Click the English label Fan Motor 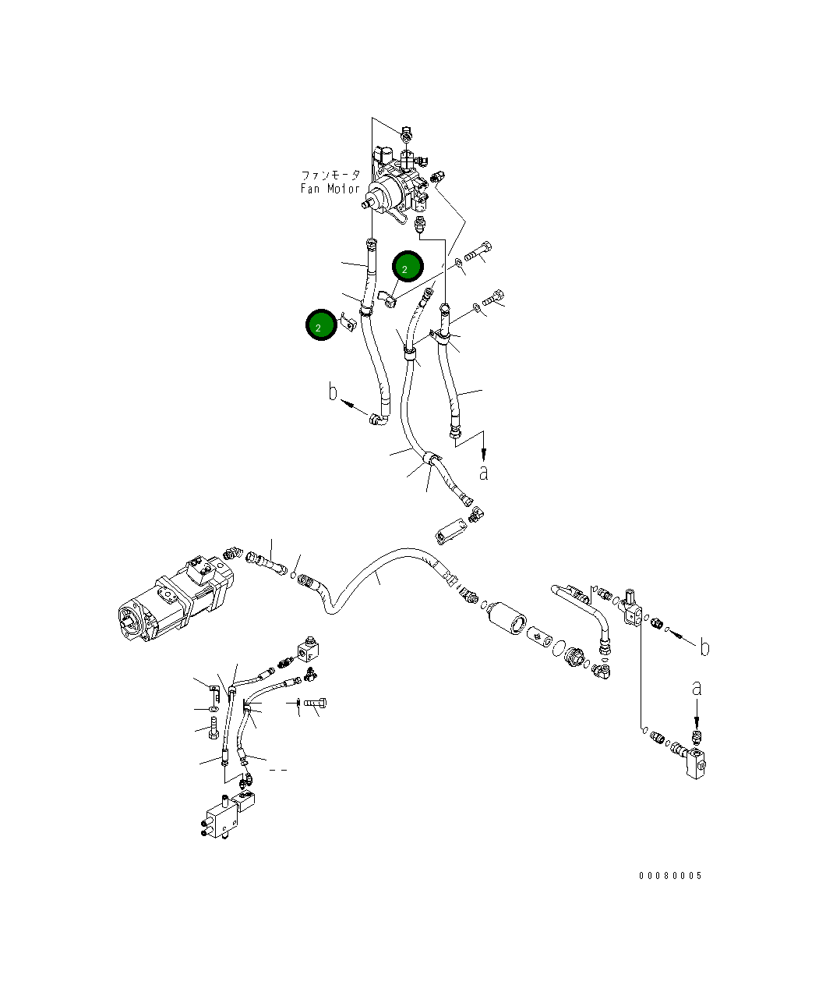330,189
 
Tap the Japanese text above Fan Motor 330,175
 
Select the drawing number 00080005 670,875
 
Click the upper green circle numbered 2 408,266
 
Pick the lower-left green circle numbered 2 321,324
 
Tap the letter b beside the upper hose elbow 333,392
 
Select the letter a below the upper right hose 484,473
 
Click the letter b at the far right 704,648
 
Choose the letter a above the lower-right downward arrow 697,689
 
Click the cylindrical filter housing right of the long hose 507,619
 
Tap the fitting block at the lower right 696,764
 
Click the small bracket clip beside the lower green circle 349,322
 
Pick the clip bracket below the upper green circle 387,299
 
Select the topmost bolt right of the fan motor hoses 478,251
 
